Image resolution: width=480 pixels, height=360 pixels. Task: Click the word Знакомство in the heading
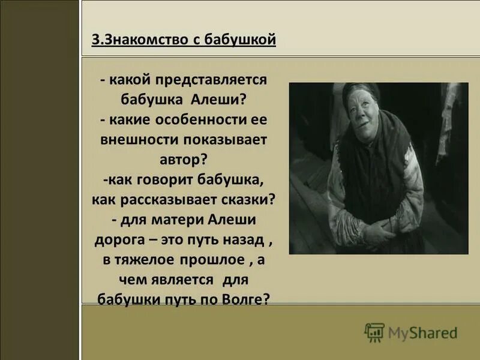(139, 40)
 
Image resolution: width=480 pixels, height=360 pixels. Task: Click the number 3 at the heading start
(95, 40)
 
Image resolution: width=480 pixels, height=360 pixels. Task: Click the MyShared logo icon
(374, 332)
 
